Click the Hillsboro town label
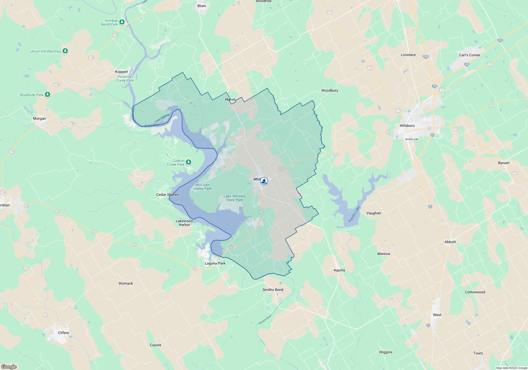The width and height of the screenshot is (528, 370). coord(407,126)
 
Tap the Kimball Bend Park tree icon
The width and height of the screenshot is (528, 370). coord(122,22)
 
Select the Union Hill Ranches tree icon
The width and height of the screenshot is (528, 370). coord(65,51)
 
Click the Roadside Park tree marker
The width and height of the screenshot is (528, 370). coord(48,94)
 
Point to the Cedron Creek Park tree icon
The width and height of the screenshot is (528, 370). coord(188,162)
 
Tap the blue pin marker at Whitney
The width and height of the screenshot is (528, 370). coord(264,181)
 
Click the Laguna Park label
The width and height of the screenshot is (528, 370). coord(215,263)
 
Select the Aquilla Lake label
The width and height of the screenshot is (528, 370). coord(354,214)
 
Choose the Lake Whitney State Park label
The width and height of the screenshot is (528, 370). coord(234,198)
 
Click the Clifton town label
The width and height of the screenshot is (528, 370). coord(64,333)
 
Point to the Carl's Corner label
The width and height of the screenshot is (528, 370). coord(470,55)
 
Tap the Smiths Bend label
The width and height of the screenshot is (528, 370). coord(273,290)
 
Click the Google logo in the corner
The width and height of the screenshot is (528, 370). coord(9,367)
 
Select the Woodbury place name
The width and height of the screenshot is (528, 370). coord(329,90)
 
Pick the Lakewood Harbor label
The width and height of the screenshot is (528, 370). coord(184,223)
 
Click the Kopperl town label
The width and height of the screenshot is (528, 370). coord(121,72)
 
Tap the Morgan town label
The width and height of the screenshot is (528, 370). coord(39,118)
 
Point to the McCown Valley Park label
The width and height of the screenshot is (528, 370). coord(202,187)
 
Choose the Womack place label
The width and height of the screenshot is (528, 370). coord(126,283)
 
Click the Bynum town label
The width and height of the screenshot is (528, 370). coord(504,163)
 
